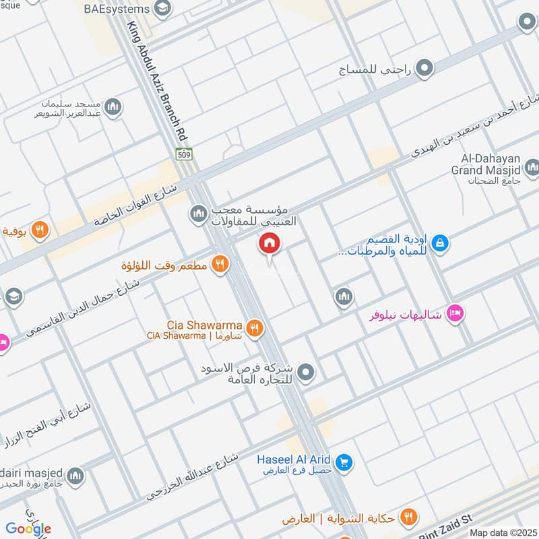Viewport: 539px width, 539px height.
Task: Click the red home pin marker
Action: coord(269,244)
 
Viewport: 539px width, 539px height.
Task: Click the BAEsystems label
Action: coord(117,9)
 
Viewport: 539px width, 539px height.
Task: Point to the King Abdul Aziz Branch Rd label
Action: coord(154,81)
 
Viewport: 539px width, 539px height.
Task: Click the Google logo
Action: coord(29,528)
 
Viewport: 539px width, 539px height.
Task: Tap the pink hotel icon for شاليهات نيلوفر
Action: coord(456,314)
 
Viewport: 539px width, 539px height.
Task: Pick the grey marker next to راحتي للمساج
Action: coord(424,67)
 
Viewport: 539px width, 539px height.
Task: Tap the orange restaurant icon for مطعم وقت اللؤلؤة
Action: coord(219,265)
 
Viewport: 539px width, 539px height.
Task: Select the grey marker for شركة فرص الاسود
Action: coord(306,372)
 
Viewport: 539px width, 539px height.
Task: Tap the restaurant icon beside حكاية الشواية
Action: coord(408,517)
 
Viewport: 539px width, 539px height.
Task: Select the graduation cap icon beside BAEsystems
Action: coord(162,9)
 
